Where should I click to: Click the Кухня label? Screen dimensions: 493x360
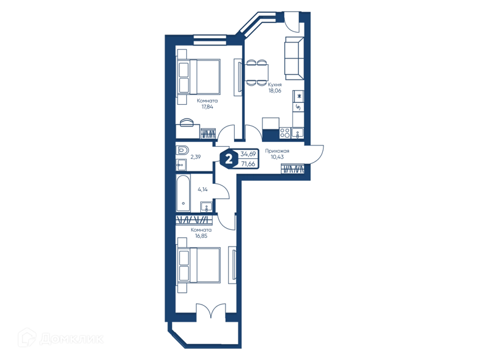[274, 84]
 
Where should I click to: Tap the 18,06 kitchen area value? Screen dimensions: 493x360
[274, 91]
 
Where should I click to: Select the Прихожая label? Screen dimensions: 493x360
[277, 151]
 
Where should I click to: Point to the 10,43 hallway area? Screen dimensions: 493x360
[277, 157]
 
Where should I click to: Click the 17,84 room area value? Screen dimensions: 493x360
[207, 107]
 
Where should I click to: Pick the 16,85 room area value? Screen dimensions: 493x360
[201, 236]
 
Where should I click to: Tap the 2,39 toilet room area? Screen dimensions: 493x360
[195, 157]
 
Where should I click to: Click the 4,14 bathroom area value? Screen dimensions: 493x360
[203, 189]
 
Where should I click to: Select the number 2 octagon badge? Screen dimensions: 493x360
[229, 159]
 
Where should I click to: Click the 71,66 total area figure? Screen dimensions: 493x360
[248, 164]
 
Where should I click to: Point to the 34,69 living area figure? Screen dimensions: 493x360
[248, 154]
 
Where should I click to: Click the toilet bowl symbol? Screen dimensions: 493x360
[182, 150]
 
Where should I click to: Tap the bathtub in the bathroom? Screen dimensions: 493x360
[183, 193]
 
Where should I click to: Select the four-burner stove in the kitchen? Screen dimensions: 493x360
[285, 133]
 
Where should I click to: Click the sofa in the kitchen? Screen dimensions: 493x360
[294, 58]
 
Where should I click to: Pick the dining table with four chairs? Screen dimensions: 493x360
[256, 73]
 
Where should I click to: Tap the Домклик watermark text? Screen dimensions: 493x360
[71, 339]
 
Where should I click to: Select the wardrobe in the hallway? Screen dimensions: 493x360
[293, 169]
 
